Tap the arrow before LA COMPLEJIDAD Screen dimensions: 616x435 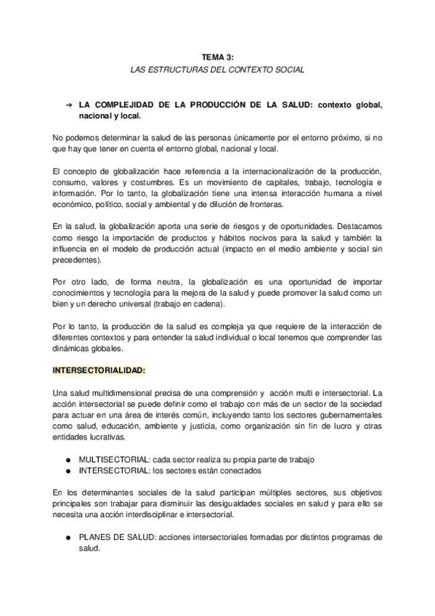pos(68,105)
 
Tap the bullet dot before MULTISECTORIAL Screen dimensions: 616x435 pos(68,461)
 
